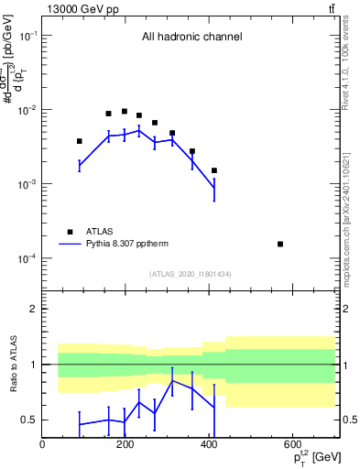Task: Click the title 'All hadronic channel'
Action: pyautogui.click(x=191, y=38)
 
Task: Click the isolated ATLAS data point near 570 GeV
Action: pyautogui.click(x=279, y=244)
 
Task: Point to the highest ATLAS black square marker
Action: pyautogui.click(x=125, y=112)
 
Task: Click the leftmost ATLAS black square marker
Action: pyautogui.click(x=80, y=141)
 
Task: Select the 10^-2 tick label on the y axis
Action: pyautogui.click(x=27, y=110)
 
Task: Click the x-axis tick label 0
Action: pyautogui.click(x=42, y=444)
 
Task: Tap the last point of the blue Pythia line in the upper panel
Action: pyautogui.click(x=214, y=188)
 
